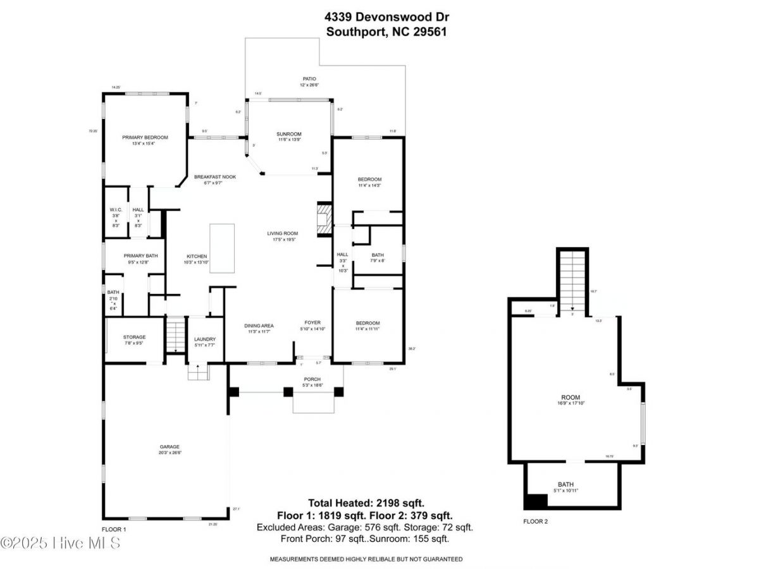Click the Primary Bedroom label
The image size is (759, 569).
(x=145, y=137)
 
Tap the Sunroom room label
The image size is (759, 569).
(x=288, y=134)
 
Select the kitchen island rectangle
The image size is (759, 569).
(x=222, y=248)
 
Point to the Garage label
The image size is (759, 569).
(x=170, y=446)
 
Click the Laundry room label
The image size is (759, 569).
(x=205, y=339)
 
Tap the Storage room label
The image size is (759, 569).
(x=134, y=337)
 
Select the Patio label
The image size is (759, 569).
(x=309, y=79)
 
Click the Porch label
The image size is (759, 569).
(x=312, y=379)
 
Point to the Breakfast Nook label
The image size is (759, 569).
(x=215, y=177)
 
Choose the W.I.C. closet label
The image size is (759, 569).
(x=116, y=209)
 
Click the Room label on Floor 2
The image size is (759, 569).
(x=571, y=398)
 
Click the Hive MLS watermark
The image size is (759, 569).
(x=60, y=543)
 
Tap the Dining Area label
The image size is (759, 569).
(x=258, y=326)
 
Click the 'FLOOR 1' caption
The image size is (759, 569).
(x=114, y=529)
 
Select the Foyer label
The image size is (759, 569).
(x=313, y=322)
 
